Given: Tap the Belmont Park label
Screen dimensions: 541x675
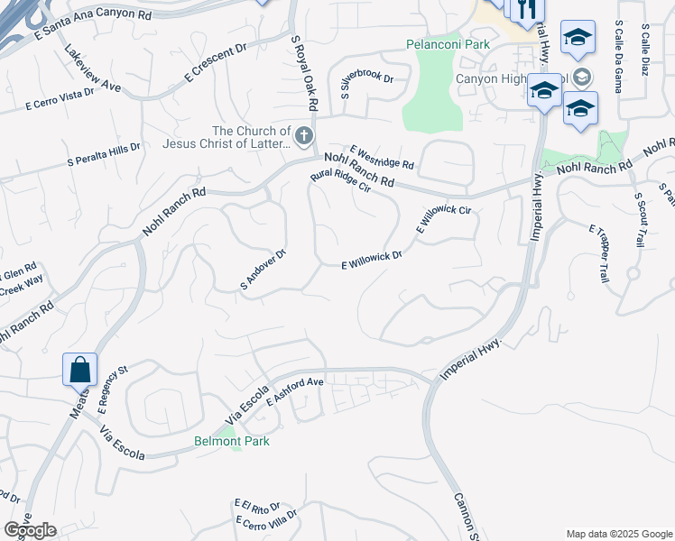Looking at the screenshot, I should point(232,441).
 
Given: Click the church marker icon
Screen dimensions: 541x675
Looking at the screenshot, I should point(304,137).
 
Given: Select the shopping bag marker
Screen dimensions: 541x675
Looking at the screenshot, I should point(79,369).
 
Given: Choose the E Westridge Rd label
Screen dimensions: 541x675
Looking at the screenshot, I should point(382,159).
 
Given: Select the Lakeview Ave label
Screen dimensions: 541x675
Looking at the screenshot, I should point(93,68).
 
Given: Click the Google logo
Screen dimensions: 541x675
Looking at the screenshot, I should point(30,530).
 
